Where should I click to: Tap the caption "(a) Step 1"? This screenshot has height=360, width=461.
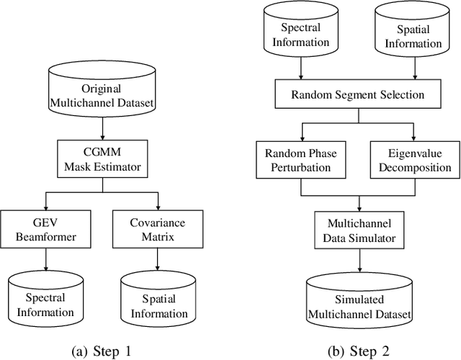click(x=101, y=351)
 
